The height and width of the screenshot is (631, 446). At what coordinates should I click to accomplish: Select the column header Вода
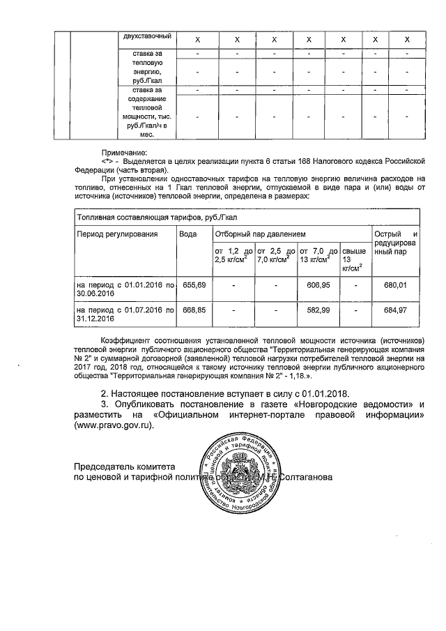coord(187,234)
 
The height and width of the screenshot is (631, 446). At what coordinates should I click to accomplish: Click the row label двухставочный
coord(147,36)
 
